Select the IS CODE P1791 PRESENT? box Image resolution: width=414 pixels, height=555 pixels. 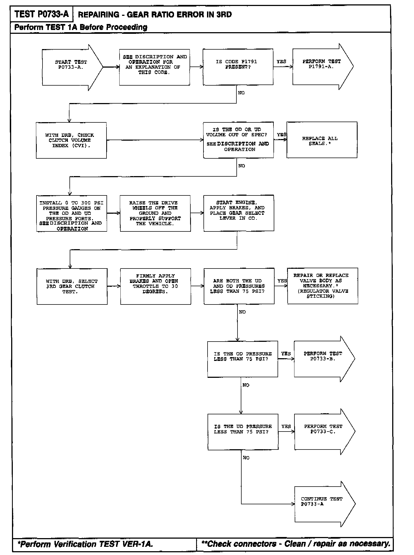click(238, 67)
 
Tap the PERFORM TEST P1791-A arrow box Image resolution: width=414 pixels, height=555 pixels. click(321, 67)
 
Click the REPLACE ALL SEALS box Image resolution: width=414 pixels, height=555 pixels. click(322, 140)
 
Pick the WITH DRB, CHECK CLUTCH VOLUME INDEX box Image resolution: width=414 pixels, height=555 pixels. click(71, 140)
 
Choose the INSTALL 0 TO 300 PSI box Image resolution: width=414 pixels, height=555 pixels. click(72, 213)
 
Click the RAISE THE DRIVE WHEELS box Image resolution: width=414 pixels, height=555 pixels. click(155, 213)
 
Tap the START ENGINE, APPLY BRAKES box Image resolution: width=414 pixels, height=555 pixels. click(239, 213)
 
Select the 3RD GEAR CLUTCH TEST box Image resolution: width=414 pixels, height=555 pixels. click(72, 286)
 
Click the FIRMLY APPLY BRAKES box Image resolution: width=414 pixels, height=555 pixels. click(156, 286)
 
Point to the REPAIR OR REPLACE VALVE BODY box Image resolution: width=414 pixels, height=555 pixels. click(322, 286)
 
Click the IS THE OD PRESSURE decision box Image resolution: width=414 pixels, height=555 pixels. click(242, 359)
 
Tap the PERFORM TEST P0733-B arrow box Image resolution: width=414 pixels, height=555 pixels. click(323, 359)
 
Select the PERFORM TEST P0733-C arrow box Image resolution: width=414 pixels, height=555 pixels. click(323, 432)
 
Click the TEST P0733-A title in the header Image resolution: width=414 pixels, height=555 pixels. click(41, 14)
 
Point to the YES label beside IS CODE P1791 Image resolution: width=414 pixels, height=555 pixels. click(281, 62)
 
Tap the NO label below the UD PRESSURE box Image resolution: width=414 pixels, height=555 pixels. click(246, 458)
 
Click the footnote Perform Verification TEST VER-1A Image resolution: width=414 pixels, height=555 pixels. click(85, 544)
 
